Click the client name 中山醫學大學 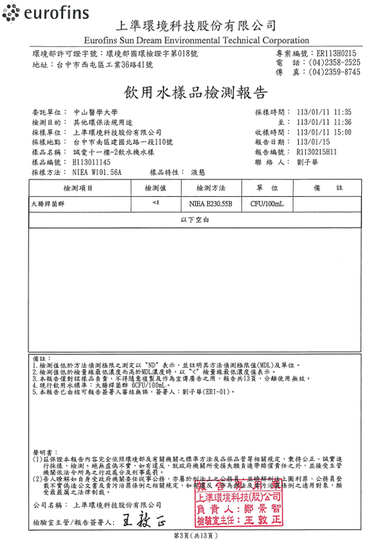95,113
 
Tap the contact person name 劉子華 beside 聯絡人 306,163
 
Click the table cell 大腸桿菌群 47,202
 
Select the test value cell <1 155,202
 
